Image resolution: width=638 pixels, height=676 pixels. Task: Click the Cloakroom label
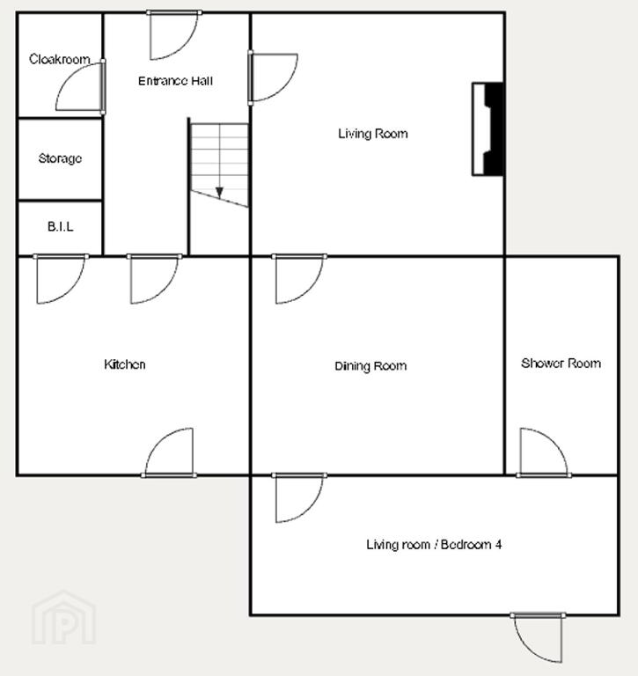[60, 59]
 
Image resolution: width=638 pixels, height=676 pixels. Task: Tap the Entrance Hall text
[175, 81]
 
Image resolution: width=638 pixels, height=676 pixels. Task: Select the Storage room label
[60, 158]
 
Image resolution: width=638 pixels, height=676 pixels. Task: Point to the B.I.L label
[61, 227]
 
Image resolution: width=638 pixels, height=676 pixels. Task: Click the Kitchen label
[125, 364]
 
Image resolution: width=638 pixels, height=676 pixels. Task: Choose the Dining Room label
[370, 366]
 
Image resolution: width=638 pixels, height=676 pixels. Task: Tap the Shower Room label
[561, 364]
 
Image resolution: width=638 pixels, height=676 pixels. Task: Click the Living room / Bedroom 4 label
[434, 545]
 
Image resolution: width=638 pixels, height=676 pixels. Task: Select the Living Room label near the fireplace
[373, 134]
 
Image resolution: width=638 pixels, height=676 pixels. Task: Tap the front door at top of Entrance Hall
[173, 35]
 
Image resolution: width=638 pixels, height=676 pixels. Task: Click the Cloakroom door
[81, 86]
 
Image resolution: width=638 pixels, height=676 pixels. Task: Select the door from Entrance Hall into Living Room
[273, 77]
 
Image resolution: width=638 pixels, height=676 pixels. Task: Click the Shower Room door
[544, 453]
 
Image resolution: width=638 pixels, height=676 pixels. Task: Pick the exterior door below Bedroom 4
[538, 637]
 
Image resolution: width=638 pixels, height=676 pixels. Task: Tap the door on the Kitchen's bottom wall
[169, 453]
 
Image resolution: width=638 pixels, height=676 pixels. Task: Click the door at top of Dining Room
[299, 279]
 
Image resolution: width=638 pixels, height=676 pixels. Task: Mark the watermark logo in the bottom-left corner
[63, 618]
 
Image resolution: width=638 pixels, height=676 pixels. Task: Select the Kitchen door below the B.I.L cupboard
[61, 279]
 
